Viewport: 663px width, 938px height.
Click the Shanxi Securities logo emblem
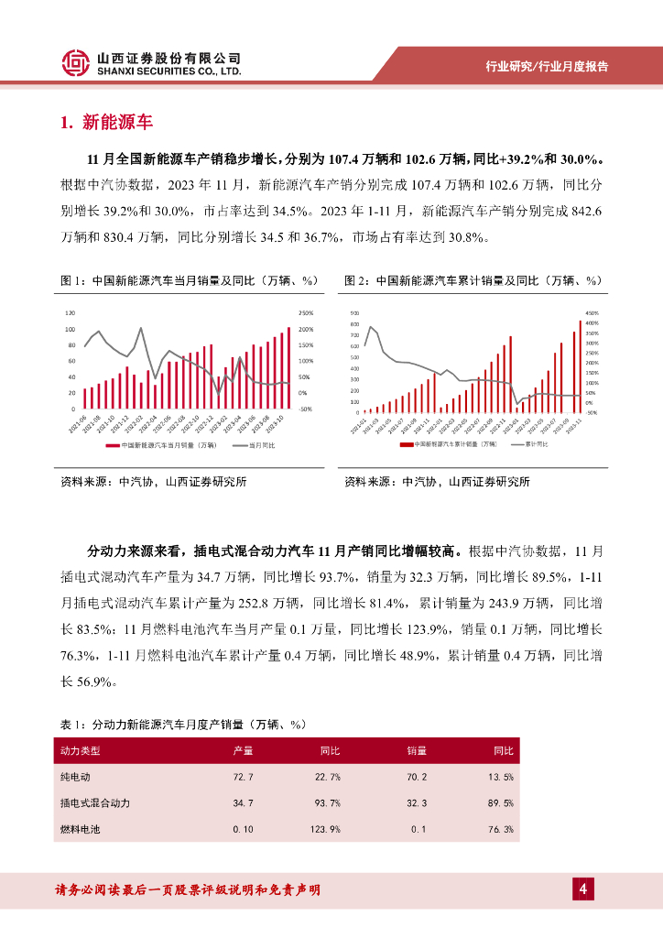76,62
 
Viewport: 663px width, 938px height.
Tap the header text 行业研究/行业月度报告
546,67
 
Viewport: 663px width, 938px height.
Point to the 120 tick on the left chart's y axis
71,313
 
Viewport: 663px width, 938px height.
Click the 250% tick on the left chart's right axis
306,313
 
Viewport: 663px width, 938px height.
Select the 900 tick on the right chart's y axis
355,313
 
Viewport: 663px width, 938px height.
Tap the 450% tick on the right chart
592,313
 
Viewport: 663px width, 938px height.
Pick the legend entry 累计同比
536,443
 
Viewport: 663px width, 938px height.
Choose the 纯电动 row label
75,777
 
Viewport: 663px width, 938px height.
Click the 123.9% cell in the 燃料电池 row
326,829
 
